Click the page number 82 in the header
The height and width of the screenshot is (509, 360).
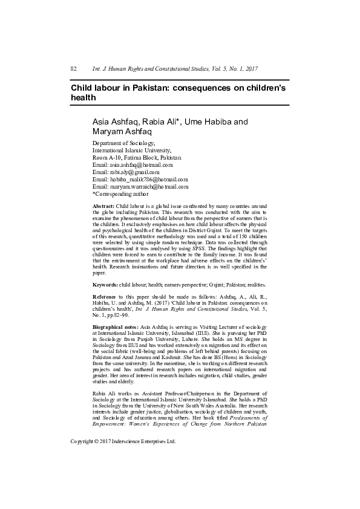73,70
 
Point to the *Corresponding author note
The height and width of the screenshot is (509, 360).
120,194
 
